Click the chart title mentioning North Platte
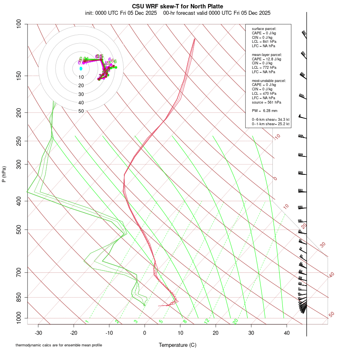(x=178, y=6)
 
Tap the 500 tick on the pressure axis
(x=19, y=230)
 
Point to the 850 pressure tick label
(x=19, y=297)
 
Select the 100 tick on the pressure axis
(x=19, y=24)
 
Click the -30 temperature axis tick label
(x=38, y=332)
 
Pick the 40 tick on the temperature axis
(x=286, y=332)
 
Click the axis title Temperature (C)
(x=177, y=345)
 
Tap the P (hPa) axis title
(x=4, y=174)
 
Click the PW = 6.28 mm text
(x=264, y=110)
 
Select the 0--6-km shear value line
(x=270, y=119)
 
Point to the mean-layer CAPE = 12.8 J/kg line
(x=266, y=59)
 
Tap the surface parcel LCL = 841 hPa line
(x=264, y=41)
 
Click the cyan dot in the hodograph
(x=81, y=68)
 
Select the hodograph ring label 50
(x=81, y=111)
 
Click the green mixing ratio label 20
(x=236, y=321)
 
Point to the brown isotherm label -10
(x=277, y=137)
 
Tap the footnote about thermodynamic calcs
(x=59, y=345)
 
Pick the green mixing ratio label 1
(x=86, y=321)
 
